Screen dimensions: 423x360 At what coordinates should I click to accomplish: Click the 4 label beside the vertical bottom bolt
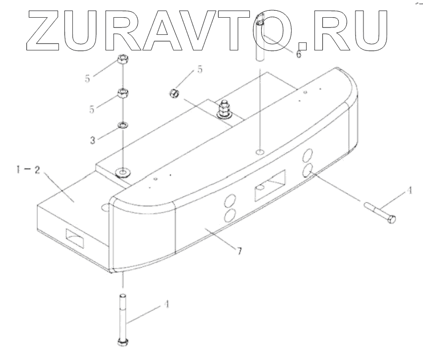click(x=167, y=304)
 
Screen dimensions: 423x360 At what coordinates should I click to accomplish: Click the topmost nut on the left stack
click(x=122, y=60)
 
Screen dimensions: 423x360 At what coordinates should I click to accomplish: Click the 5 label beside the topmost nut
click(x=86, y=78)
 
